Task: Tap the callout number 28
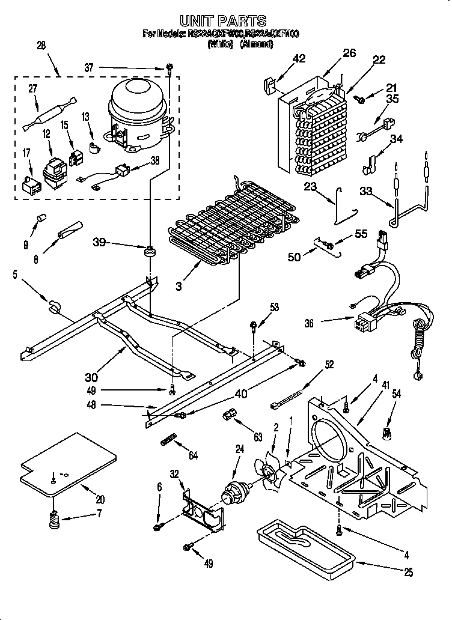click(41, 46)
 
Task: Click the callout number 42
click(299, 58)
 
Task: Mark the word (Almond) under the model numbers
click(256, 44)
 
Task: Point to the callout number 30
click(91, 377)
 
